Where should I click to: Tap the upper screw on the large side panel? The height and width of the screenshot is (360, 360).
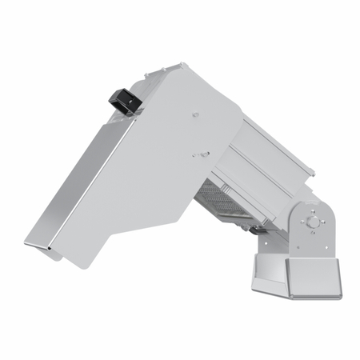[x=195, y=114]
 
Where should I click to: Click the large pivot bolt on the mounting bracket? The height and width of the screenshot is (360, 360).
[x=313, y=222]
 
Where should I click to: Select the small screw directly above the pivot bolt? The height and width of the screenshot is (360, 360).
[x=313, y=210]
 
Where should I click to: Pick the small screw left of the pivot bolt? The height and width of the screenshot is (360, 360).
[x=302, y=222]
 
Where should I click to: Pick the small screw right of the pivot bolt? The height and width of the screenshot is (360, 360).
[x=324, y=222]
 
